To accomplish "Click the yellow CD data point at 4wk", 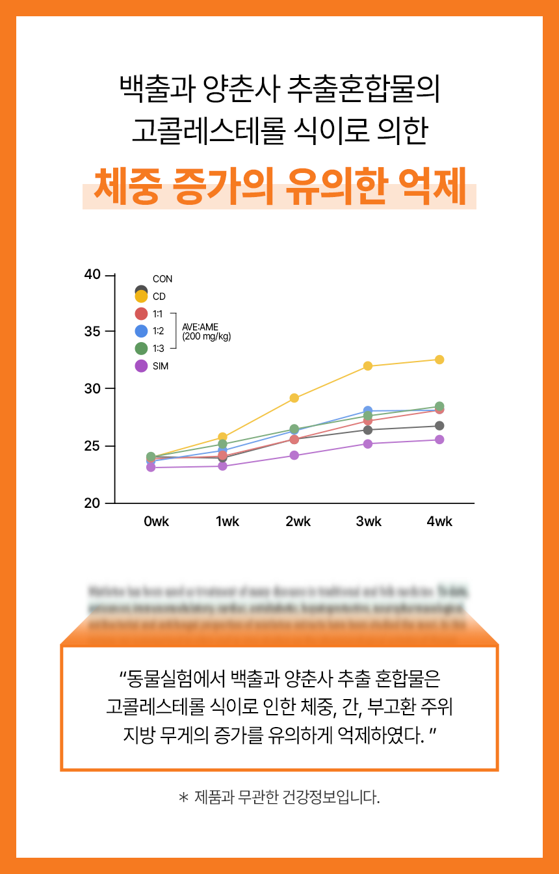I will pos(439,360).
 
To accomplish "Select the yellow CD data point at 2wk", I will pos(294,398).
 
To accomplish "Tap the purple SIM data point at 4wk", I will pos(439,440).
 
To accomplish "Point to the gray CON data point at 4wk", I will pos(439,426).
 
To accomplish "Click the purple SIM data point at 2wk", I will pos(294,455).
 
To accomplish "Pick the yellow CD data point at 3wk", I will pos(368,366).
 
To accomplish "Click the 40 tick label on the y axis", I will pos(93,274).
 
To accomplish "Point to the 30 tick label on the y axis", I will pos(93,389).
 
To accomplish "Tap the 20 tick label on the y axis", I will pos(93,503).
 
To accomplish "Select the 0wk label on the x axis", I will pos(157,522).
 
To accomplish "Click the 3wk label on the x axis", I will pos(369,522).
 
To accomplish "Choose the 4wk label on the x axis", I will pos(439,522).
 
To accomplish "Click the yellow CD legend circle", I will pos(141,297).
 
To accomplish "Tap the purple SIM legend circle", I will pos(141,366).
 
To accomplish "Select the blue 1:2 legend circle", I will pos(141,331).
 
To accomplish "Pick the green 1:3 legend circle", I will pos(141,349).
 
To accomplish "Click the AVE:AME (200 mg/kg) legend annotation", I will pos(206,332).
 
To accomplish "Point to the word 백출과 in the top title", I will pos(157,90).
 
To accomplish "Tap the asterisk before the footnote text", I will pos(183,797).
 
